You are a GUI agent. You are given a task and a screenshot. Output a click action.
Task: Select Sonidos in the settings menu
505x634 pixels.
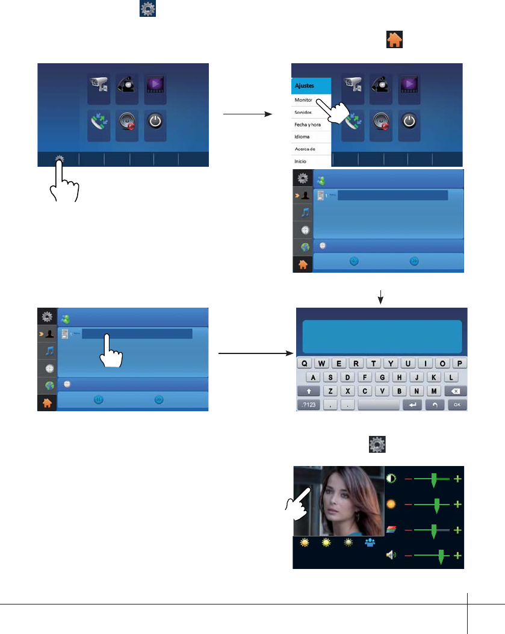pos(303,112)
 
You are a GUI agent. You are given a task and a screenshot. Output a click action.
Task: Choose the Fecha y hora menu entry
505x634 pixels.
pos(308,124)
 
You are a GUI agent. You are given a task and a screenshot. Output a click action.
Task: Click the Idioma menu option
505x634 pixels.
pos(302,137)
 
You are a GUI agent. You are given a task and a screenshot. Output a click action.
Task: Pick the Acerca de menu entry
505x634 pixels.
pos(305,149)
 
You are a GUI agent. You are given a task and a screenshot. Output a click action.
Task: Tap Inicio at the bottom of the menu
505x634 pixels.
pos(301,161)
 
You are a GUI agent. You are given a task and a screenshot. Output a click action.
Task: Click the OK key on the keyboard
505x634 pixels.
pos(457,405)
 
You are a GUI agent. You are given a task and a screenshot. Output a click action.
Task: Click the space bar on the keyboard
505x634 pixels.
pos(378,405)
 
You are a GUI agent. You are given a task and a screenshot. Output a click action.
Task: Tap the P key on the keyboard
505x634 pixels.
pos(459,364)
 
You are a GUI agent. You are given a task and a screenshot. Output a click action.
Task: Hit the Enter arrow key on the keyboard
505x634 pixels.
pos(413,405)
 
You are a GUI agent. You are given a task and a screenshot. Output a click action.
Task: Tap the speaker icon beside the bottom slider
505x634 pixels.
pos(391,555)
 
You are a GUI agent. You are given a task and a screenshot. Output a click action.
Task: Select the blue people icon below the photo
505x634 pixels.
pos(370,542)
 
